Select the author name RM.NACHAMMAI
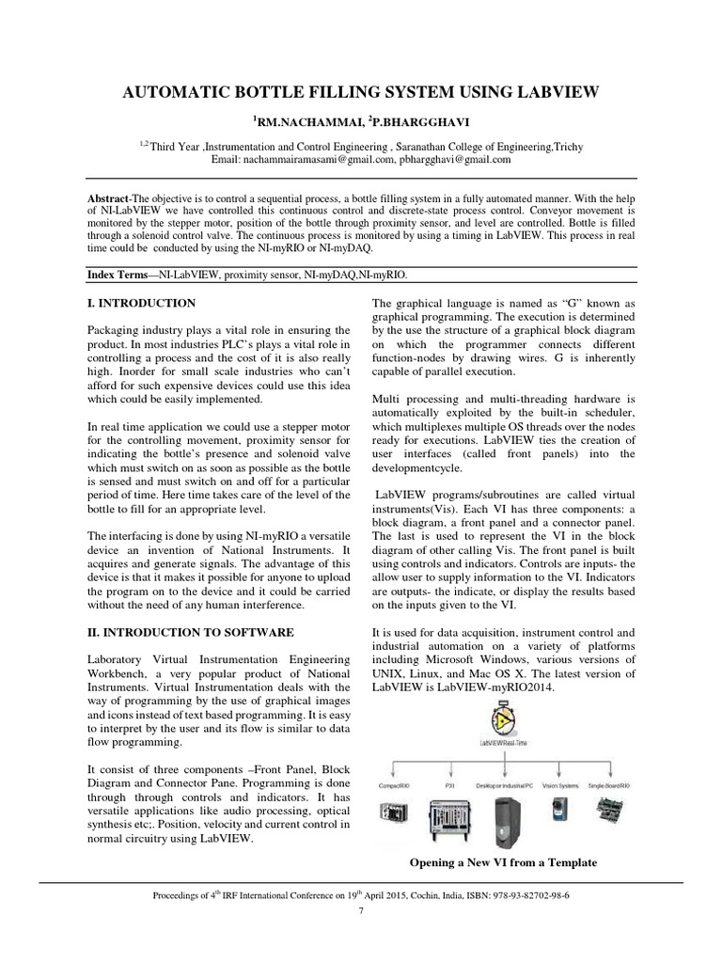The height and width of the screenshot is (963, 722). click(303, 122)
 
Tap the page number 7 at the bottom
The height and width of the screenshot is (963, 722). click(360, 911)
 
